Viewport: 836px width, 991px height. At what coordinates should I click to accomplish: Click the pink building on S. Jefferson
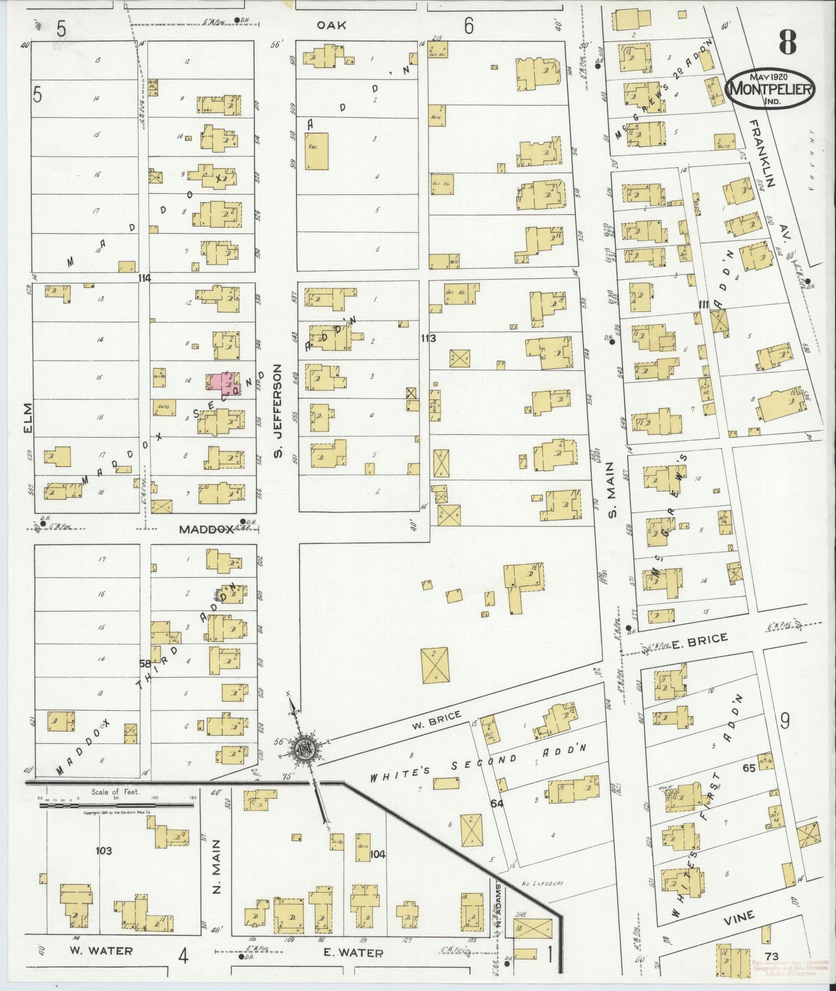224,384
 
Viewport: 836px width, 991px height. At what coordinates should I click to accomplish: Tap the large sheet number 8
787,42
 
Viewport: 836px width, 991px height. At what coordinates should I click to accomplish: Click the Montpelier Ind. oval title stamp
771,89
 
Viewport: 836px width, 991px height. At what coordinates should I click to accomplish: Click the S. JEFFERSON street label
278,411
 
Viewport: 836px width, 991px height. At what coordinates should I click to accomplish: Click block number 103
104,850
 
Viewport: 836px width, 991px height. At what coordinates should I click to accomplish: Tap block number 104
378,854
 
